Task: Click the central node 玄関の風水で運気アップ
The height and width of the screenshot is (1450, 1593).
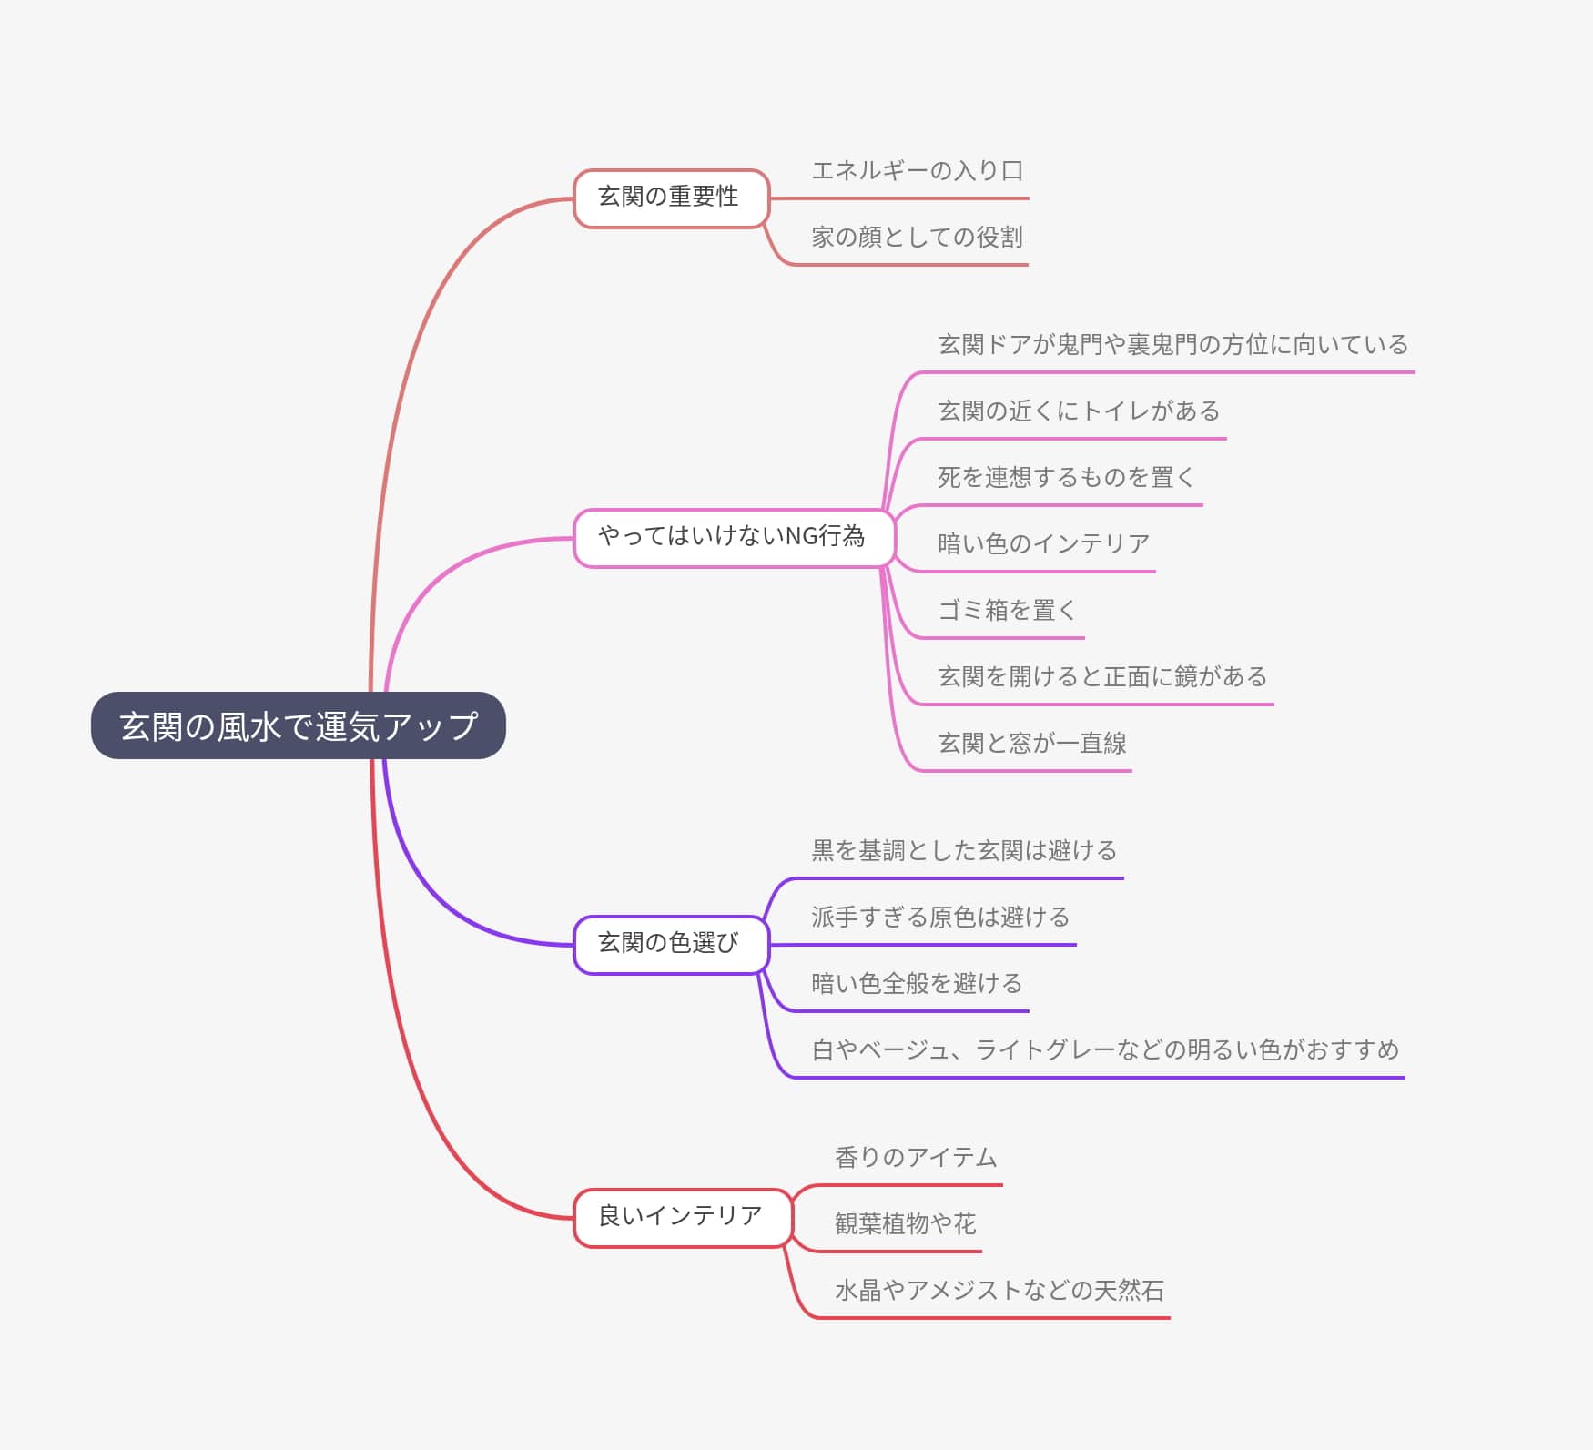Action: [298, 725]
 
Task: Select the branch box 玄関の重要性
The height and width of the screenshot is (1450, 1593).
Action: [671, 198]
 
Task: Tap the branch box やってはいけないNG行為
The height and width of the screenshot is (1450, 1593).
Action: [733, 537]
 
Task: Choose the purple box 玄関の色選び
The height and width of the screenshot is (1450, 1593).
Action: [671, 944]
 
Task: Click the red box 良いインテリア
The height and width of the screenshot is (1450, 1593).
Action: [682, 1217]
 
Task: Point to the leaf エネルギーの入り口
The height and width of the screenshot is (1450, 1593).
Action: [917, 171]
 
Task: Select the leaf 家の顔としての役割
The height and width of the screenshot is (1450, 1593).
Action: [917, 238]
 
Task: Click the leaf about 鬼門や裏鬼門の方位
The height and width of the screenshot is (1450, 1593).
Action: [1172, 345]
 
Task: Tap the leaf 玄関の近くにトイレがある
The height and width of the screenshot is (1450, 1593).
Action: [1079, 411]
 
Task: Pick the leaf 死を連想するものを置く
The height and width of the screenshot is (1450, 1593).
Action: [1066, 478]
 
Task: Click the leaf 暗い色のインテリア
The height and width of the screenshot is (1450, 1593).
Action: [1043, 544]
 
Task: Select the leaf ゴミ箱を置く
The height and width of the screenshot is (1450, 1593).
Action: [1007, 611]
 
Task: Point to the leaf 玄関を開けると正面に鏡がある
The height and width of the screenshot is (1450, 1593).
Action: [1102, 677]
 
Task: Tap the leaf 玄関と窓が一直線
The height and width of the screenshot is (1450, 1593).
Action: [1032, 744]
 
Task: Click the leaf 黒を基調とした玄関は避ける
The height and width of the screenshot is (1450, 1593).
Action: [964, 851]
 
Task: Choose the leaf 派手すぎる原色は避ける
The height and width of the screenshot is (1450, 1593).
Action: [940, 918]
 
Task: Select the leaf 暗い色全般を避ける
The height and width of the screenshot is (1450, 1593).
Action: [917, 984]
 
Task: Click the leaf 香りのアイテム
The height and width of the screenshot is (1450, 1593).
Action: [916, 1158]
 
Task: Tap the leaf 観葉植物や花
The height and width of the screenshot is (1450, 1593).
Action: [905, 1224]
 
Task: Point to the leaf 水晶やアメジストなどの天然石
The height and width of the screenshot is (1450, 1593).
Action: [999, 1291]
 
